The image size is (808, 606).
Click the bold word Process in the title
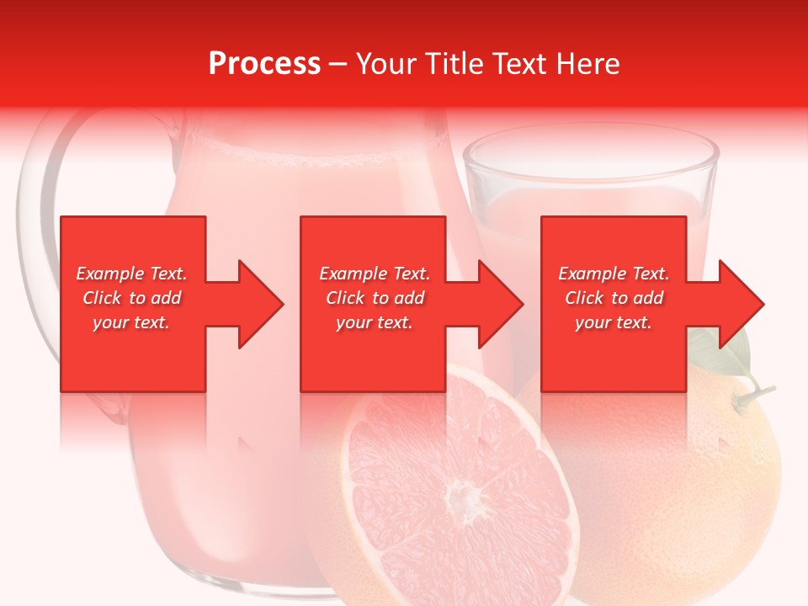pos(264,64)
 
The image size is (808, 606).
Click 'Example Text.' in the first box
pos(132,274)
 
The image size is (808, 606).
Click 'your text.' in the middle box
pos(375,322)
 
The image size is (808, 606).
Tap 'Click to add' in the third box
pos(614,298)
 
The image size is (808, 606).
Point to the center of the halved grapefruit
pos(459,492)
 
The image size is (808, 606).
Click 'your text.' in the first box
pos(132,322)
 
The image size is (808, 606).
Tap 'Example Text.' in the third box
pos(614,274)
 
